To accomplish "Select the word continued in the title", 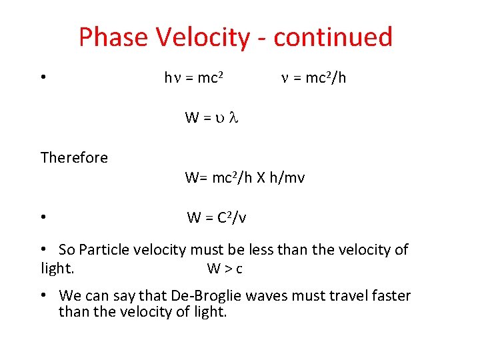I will click(x=333, y=37).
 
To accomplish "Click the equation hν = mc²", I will click(x=193, y=78).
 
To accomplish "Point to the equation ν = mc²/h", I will click(x=313, y=78).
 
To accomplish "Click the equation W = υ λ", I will click(x=211, y=118).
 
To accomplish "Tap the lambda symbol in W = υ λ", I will click(x=233, y=118).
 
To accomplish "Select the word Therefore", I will click(x=74, y=157).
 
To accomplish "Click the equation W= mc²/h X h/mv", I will click(x=245, y=178).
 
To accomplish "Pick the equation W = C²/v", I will click(x=217, y=217).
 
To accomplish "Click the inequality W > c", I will click(x=225, y=269).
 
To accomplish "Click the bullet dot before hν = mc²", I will click(x=43, y=77).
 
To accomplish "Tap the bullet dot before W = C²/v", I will click(x=43, y=217).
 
